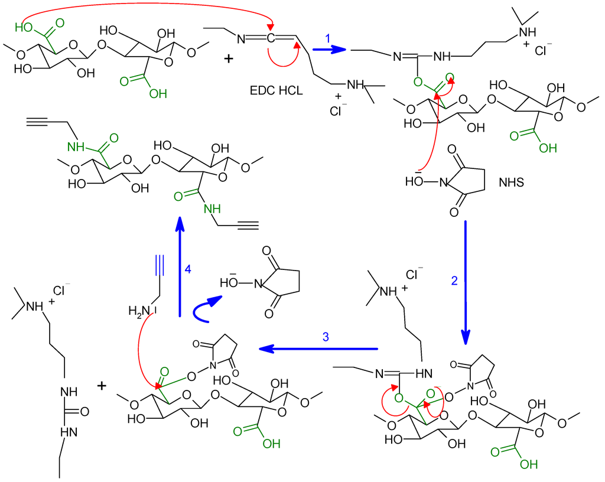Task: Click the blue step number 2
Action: (454, 281)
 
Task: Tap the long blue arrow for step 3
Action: (319, 349)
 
